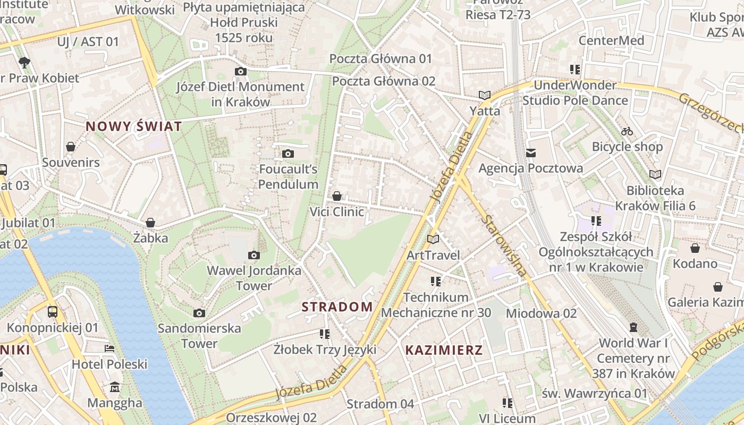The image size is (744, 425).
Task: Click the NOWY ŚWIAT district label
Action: (x=134, y=126)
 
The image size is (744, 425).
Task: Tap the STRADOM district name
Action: (x=337, y=307)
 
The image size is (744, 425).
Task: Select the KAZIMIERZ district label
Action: (x=444, y=350)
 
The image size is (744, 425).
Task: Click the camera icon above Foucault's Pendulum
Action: (x=288, y=154)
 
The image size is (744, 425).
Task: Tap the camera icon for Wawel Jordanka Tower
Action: (x=254, y=256)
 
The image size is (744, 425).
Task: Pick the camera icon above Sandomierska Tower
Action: (x=199, y=313)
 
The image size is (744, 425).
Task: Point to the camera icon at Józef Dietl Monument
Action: (x=241, y=72)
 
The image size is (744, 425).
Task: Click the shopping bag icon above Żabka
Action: (x=150, y=222)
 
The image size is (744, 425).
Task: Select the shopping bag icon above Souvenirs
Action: (x=71, y=147)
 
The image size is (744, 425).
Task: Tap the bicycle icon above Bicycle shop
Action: (x=627, y=131)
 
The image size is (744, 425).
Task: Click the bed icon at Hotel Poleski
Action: (x=109, y=349)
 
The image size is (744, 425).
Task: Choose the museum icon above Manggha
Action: (x=115, y=387)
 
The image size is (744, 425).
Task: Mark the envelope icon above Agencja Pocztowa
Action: (x=530, y=153)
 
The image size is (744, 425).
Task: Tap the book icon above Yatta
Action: (x=484, y=96)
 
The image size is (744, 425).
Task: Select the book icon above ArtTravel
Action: (x=433, y=240)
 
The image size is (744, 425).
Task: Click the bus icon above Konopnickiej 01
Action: (x=53, y=312)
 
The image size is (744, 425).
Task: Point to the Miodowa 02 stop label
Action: (x=541, y=313)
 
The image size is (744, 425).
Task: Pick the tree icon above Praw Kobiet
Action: (x=24, y=63)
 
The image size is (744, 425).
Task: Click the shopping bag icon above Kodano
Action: (x=695, y=248)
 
